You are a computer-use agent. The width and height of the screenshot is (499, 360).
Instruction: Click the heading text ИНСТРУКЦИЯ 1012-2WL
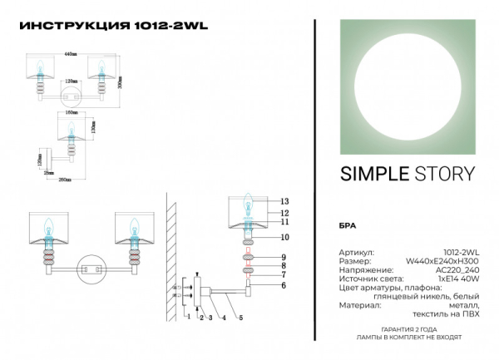pyautogui.click(x=113, y=26)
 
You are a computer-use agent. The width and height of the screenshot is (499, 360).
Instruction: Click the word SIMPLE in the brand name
pyautogui.click(x=371, y=174)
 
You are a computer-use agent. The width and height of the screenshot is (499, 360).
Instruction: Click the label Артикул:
pyautogui.click(x=357, y=251)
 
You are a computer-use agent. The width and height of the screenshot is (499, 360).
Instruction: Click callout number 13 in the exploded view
pyautogui.click(x=284, y=201)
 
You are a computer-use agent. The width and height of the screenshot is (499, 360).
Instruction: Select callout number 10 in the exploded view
pyautogui.click(x=284, y=237)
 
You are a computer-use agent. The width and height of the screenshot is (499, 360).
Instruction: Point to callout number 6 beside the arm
pyautogui.click(x=284, y=286)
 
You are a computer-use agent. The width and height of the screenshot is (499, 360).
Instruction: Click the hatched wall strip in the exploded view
pyautogui.click(x=172, y=259)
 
